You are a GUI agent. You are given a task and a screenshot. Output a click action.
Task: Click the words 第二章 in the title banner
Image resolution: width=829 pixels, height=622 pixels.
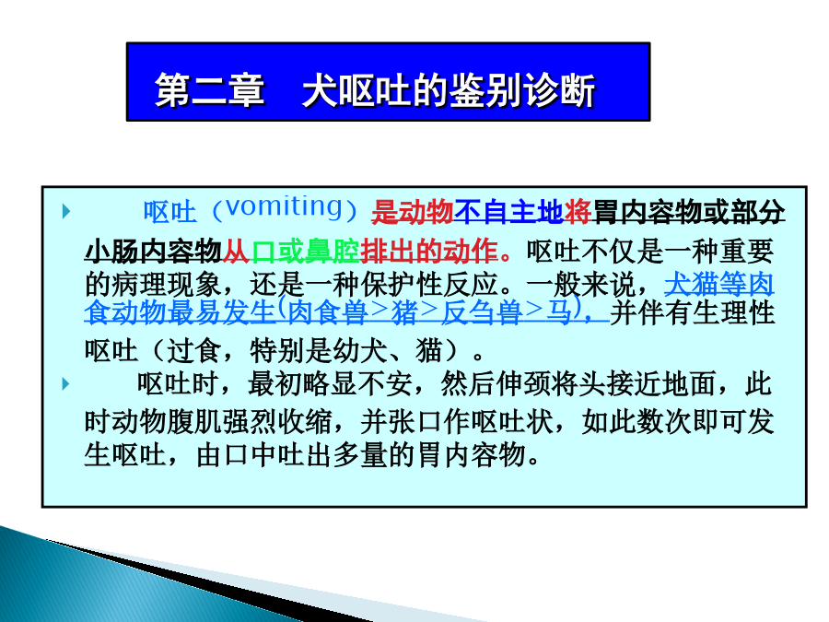coord(210,90)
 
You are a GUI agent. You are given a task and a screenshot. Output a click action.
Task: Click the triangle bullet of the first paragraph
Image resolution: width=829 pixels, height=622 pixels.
coord(66,211)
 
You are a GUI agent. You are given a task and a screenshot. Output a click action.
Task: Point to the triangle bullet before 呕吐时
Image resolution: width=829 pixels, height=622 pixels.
coord(66,383)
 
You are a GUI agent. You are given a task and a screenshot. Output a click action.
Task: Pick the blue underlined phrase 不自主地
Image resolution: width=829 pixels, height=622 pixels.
coord(508,212)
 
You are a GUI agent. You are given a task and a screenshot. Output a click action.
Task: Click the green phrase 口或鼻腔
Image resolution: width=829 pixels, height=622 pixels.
coord(305,252)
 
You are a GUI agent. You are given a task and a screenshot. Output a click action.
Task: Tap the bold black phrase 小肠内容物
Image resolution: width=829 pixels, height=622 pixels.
coord(153,252)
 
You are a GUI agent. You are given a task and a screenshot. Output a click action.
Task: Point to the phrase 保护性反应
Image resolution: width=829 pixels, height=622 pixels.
coord(430,285)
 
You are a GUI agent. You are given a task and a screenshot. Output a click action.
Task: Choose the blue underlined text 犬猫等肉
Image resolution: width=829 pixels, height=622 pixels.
coord(719,285)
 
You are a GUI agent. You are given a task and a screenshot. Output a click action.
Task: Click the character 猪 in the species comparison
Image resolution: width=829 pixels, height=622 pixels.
coord(404,312)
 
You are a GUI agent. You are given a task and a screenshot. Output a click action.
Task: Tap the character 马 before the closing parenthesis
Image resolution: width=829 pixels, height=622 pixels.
coord(559,312)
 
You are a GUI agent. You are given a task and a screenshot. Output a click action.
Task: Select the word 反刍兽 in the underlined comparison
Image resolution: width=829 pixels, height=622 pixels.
coord(482,312)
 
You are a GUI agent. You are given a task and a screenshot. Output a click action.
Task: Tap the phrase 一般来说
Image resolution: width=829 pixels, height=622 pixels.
coord(581,285)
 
